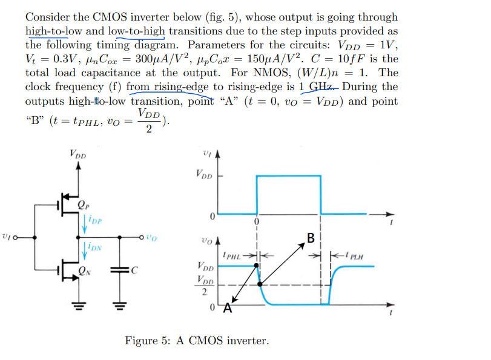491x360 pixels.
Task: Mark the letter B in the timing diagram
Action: pyautogui.click(x=311, y=237)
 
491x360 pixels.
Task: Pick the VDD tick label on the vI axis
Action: pyautogui.click(x=204, y=175)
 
